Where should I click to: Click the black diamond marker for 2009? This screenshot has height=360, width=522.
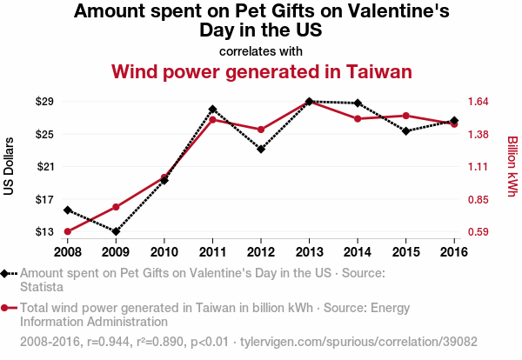(116, 231)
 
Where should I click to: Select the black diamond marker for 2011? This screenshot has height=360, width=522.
(212, 110)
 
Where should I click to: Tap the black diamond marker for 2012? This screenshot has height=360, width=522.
(261, 149)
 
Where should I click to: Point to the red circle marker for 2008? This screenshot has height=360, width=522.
(67, 231)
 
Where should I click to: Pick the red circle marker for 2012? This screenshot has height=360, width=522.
(261, 130)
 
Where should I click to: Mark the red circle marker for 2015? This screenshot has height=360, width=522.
(405, 116)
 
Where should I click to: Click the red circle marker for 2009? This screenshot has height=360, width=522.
(116, 207)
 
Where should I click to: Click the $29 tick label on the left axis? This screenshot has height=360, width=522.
(44, 102)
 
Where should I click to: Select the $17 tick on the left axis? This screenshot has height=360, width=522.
(44, 199)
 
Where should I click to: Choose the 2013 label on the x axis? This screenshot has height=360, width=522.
(309, 251)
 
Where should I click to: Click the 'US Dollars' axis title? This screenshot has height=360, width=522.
(10, 166)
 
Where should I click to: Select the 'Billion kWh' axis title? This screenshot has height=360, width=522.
(512, 166)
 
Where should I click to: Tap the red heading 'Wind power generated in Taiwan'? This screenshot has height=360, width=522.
(261, 70)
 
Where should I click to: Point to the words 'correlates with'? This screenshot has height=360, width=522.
(261, 50)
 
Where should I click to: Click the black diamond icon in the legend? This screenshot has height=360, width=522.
(5, 273)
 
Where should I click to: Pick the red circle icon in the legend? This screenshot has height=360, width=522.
(5, 307)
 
